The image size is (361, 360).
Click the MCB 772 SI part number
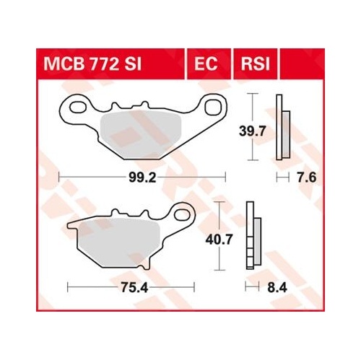click(x=92, y=64)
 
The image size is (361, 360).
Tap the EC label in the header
click(x=206, y=64)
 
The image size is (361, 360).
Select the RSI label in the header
click(x=256, y=64)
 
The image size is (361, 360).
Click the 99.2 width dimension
click(x=142, y=178)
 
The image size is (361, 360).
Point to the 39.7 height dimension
click(x=252, y=131)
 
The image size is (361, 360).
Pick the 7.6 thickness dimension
click(x=306, y=178)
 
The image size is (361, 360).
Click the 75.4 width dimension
click(x=134, y=287)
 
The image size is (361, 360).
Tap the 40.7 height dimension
click(x=219, y=240)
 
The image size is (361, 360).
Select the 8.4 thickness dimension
click(x=277, y=287)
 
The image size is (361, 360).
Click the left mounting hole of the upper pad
click(x=79, y=107)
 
